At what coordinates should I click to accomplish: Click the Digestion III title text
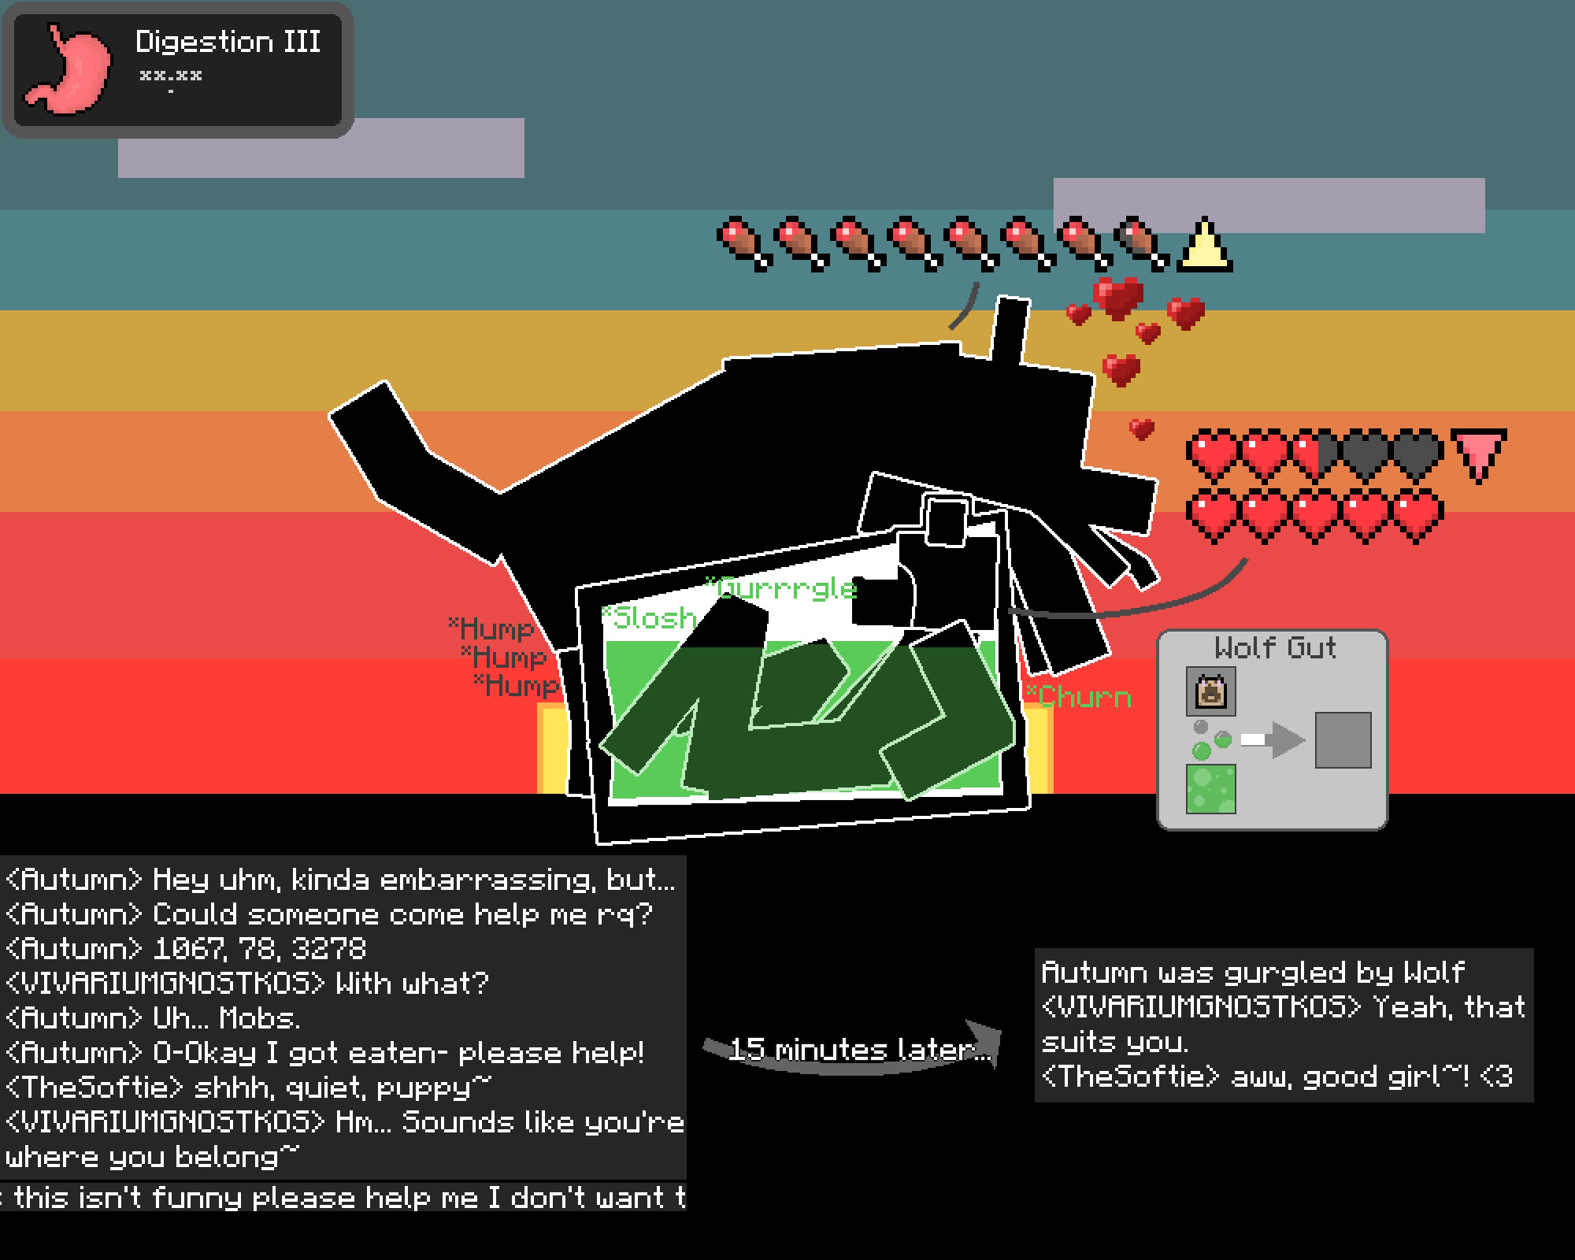228,42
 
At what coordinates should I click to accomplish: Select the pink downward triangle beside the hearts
1478,453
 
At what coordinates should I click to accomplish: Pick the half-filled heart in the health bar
1314,455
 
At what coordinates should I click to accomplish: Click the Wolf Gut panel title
1274,647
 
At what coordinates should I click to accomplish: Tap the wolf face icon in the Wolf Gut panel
1210,691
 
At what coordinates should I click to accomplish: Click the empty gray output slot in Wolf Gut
1343,740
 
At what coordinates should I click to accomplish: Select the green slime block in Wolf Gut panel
1210,788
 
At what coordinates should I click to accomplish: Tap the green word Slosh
650,618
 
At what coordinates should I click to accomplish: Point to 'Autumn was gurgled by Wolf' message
1252,972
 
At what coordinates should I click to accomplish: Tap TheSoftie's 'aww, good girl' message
1276,1077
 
